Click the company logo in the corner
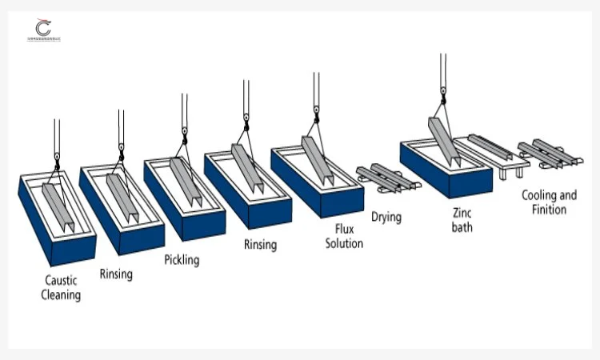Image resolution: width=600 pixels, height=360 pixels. pyautogui.click(x=42, y=30)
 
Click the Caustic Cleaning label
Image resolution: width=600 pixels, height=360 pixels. pyautogui.click(x=62, y=288)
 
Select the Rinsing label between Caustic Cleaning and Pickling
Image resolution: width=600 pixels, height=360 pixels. pyautogui.click(x=116, y=274)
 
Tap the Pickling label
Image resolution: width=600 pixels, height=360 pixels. pyautogui.click(x=182, y=259)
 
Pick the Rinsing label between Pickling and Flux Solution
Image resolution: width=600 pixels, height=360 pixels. pyautogui.click(x=260, y=245)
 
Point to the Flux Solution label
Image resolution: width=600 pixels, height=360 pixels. pyautogui.click(x=344, y=235)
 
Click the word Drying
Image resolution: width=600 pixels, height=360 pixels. pyautogui.click(x=386, y=217)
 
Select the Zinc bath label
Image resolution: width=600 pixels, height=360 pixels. pyautogui.click(x=462, y=221)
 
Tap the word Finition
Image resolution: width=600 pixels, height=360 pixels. pyautogui.click(x=549, y=210)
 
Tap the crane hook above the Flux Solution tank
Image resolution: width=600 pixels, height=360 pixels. pyautogui.click(x=314, y=114)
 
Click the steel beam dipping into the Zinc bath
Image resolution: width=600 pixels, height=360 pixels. pyautogui.click(x=442, y=140)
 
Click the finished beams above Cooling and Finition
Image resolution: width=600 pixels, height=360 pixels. pyautogui.click(x=546, y=152)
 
